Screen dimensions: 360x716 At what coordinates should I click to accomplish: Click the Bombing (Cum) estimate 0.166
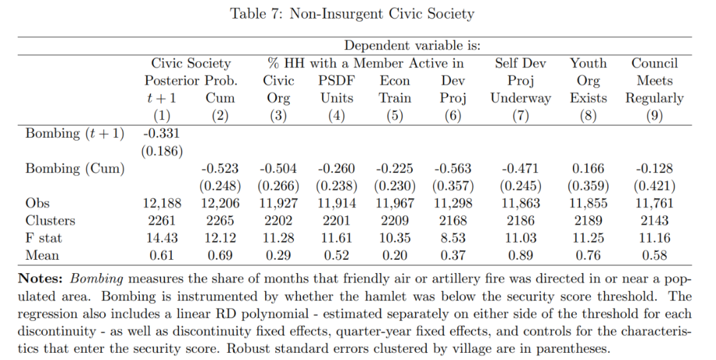[588, 168]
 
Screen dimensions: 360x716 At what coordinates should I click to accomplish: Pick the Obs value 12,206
[220, 204]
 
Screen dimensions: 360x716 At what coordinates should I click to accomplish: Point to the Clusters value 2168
[453, 221]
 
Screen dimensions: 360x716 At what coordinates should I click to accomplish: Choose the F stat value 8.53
[453, 238]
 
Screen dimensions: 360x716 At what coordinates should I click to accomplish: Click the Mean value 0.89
[520, 255]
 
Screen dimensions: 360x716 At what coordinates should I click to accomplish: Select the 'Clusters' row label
[50, 221]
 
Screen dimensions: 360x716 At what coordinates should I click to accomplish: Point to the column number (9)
[654, 116]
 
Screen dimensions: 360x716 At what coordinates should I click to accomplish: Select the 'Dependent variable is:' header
[412, 46]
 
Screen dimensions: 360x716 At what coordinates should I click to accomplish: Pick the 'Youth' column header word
[588, 64]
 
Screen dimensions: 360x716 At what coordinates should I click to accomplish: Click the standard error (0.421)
[654, 186]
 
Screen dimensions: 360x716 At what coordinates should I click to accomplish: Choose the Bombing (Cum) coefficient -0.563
[453, 168]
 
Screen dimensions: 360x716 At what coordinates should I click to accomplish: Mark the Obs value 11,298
[453, 204]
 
